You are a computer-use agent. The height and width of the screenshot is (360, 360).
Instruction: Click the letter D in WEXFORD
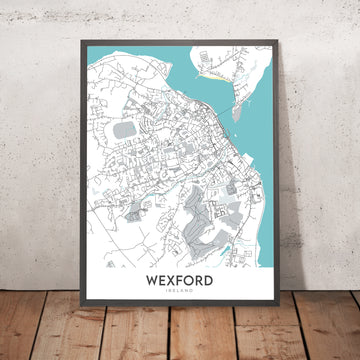[208, 281]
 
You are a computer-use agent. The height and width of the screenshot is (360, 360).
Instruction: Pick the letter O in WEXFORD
[191, 281]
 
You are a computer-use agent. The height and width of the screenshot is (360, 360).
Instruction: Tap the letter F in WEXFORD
[183, 281]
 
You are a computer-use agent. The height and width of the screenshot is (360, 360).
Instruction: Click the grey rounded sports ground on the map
[124, 129]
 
